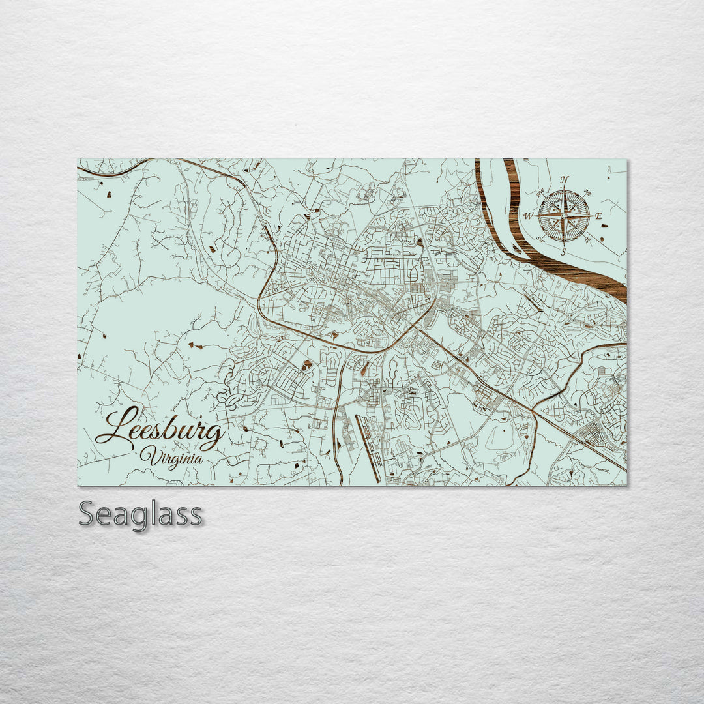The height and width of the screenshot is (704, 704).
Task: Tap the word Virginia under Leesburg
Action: coord(171,456)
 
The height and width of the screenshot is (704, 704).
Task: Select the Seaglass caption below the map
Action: coord(141,515)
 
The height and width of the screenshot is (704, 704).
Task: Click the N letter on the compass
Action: coord(565,181)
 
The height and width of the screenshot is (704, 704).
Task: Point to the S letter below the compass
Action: coord(565,252)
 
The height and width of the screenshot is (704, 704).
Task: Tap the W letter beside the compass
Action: coord(529,216)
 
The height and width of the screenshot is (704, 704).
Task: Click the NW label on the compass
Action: coord(540,193)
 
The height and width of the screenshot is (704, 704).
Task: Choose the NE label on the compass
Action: coord(588,193)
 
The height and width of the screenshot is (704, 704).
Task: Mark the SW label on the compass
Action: coord(540,239)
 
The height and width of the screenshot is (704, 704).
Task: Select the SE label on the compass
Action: coord(588,239)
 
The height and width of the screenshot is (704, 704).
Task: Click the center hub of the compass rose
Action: coord(565,216)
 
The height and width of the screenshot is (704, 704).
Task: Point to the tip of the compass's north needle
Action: coord(565,188)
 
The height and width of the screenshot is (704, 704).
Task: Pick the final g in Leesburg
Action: coord(213,435)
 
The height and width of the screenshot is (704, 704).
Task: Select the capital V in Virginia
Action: coord(148,456)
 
